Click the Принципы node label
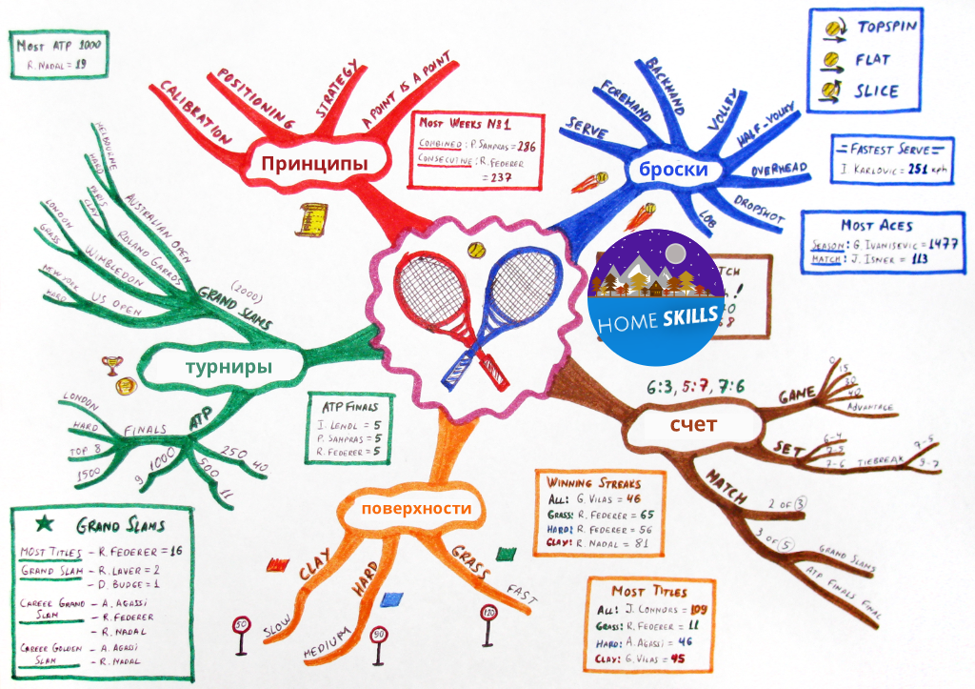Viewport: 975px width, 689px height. (314, 164)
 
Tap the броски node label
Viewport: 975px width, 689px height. (673, 171)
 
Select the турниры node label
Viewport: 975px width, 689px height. (228, 367)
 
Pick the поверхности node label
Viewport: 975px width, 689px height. (416, 509)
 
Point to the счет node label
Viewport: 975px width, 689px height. (692, 424)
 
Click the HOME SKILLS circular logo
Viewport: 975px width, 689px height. (655, 295)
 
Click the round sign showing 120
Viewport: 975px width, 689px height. (489, 614)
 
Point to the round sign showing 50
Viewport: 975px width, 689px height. (242, 627)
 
